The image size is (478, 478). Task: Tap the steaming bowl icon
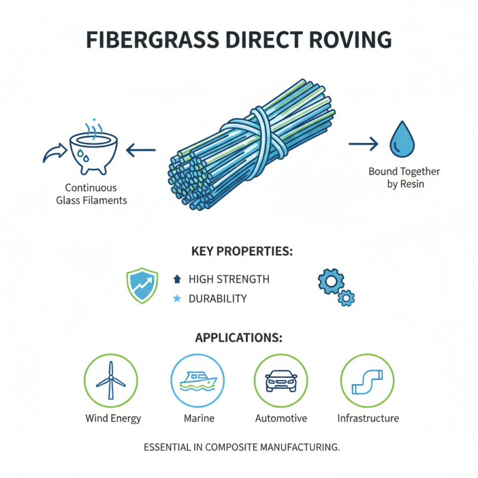[91, 147]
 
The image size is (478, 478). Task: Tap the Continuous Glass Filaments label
[91, 194]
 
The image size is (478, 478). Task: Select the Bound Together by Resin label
[404, 177]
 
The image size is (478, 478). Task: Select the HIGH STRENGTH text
[229, 279]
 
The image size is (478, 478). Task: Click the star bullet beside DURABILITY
[176, 298]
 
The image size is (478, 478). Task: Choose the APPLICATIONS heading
[238, 338]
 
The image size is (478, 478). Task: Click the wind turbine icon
[111, 381]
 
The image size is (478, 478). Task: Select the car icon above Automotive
[281, 381]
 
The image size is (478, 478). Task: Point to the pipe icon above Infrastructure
[367, 381]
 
